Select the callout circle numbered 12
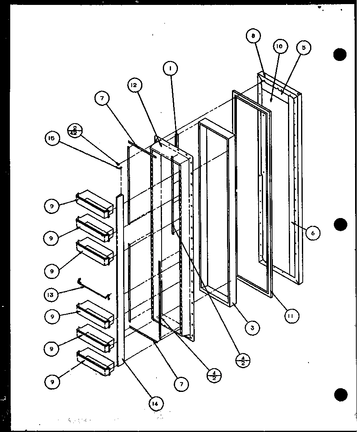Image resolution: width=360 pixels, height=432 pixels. pyautogui.click(x=135, y=85)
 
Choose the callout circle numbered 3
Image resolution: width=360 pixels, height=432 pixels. pyautogui.click(x=252, y=328)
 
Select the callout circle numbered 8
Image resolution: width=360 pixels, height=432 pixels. pyautogui.click(x=253, y=36)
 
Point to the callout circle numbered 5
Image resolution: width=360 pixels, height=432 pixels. pyautogui.click(x=304, y=47)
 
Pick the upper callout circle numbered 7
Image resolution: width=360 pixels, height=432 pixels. pyautogui.click(x=102, y=98)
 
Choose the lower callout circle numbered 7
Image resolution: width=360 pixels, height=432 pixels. pyautogui.click(x=181, y=384)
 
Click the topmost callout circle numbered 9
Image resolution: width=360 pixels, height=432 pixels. pyautogui.click(x=52, y=206)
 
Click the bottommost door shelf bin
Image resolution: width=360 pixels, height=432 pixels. pyautogui.click(x=95, y=362)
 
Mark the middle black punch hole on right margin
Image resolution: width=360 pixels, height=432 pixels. pyautogui.click(x=340, y=225)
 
